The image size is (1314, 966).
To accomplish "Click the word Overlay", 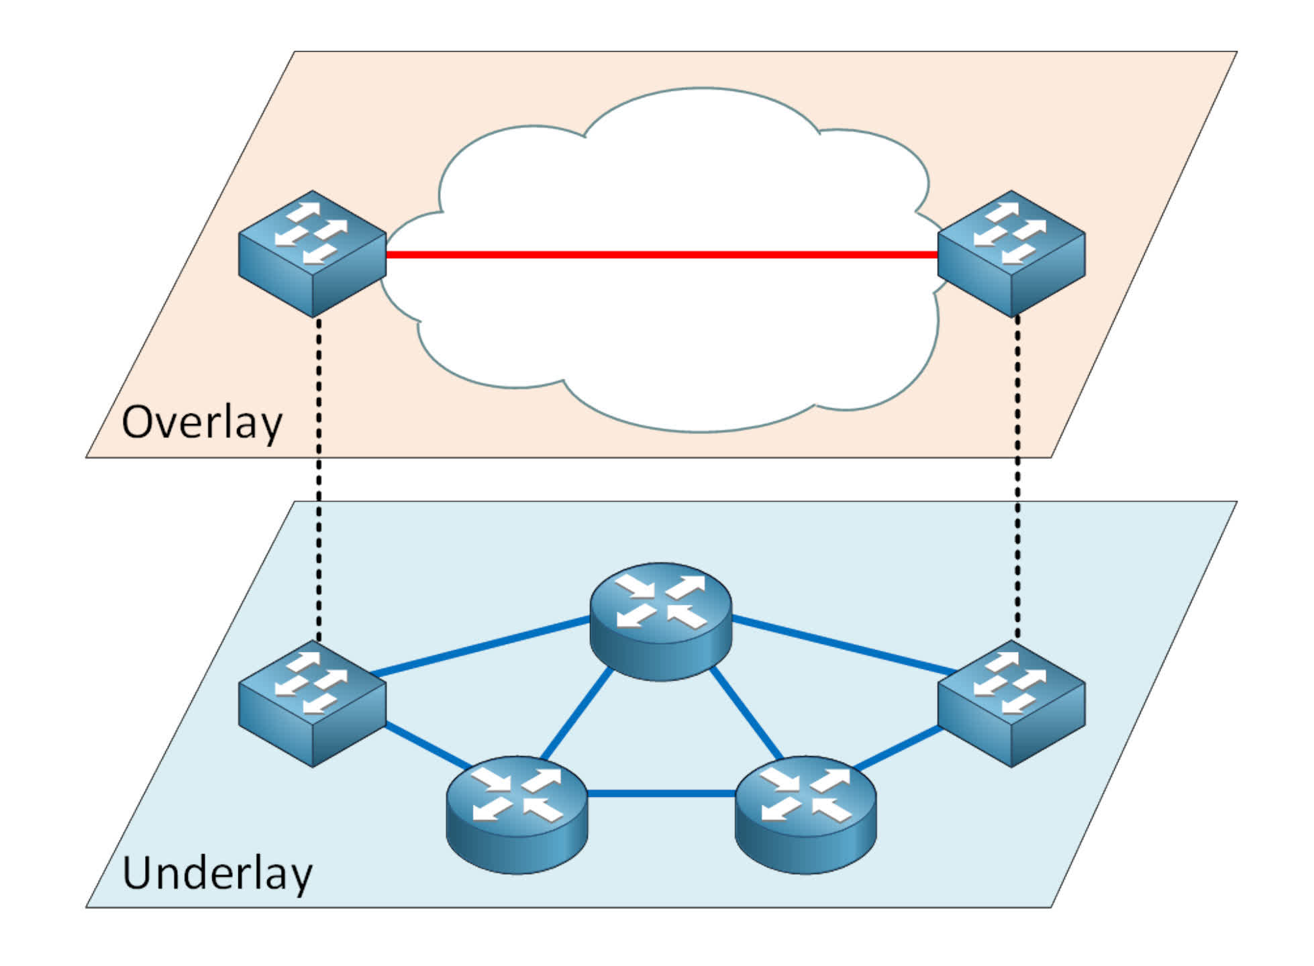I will coord(201,423).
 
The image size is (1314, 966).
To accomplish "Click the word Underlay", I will coord(217,873).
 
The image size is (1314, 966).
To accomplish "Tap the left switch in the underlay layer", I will coord(312,704).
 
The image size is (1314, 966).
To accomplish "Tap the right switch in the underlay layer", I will coord(1011,704).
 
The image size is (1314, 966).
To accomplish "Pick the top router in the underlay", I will coord(660,621).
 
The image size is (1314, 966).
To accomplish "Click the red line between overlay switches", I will coord(661,254).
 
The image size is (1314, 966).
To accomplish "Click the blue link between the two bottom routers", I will coord(661,794).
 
